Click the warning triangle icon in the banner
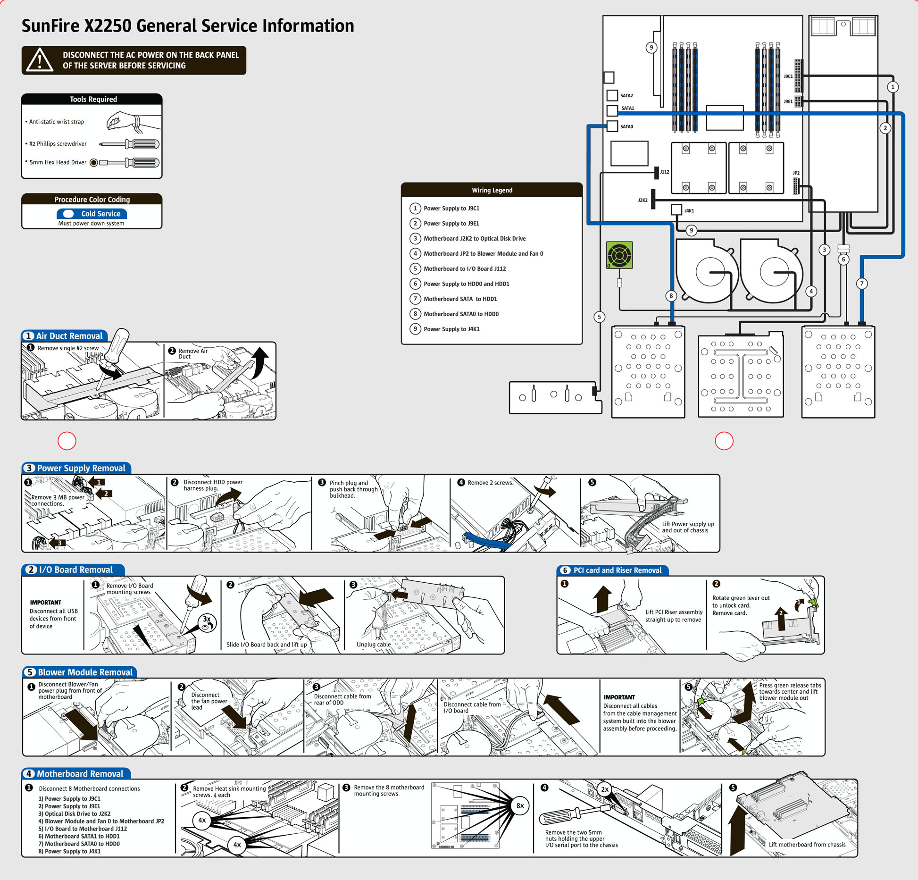(40, 60)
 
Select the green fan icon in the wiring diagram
(619, 255)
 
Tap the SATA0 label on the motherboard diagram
(626, 126)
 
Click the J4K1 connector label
(689, 211)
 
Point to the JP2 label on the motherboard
(796, 173)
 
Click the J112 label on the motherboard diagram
(665, 172)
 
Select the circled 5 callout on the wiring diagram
(599, 317)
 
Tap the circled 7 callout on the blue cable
(862, 284)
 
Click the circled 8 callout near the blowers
(671, 296)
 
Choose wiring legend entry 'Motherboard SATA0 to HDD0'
(461, 314)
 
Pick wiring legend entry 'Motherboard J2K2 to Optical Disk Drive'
(474, 238)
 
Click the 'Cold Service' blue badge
(92, 214)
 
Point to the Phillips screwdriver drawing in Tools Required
(129, 144)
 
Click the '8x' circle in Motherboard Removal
(520, 806)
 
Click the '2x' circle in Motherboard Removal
(604, 789)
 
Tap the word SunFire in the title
(50, 26)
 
